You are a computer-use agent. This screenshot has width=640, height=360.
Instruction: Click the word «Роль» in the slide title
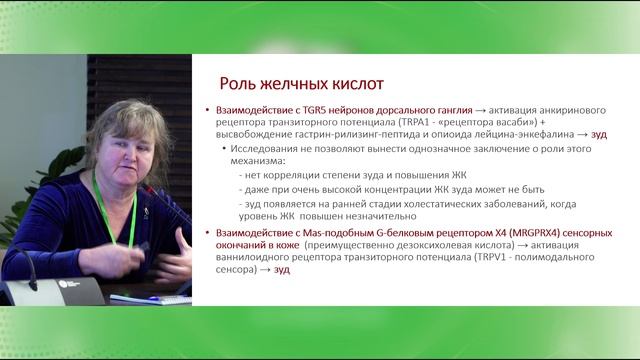[x=240, y=82]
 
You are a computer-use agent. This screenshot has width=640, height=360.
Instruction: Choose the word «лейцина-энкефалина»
[x=517, y=134]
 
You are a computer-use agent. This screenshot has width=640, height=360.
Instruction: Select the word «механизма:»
[x=256, y=161]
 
